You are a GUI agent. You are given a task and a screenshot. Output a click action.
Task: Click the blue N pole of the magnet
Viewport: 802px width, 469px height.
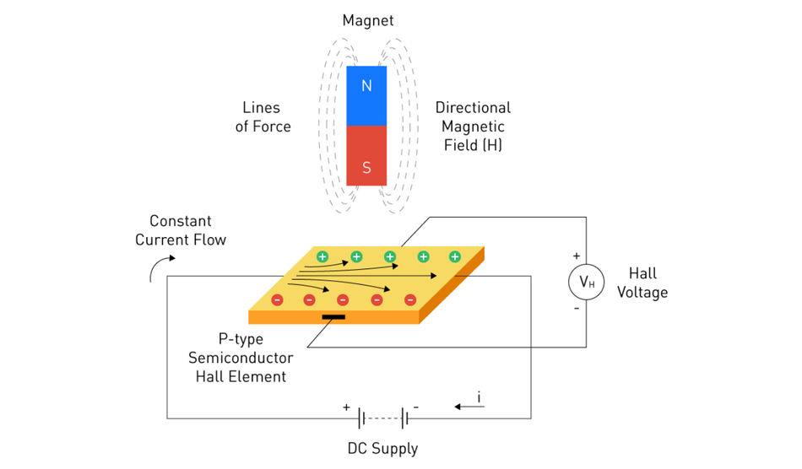[x=366, y=95]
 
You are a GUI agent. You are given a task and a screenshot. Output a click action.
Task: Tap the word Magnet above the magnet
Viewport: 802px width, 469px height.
[x=367, y=20]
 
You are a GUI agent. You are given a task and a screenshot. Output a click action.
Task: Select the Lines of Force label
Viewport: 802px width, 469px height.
[x=263, y=117]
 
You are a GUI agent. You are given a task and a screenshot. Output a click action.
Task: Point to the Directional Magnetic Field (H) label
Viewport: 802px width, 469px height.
[x=473, y=127]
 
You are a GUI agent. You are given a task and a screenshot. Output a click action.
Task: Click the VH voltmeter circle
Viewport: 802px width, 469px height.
[x=586, y=283]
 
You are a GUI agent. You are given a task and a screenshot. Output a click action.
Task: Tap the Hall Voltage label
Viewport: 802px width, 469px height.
[x=648, y=283]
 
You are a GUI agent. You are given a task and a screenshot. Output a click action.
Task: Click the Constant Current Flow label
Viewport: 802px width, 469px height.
[x=181, y=230]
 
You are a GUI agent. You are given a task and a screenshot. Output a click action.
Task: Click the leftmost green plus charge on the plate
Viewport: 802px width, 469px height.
[x=322, y=256]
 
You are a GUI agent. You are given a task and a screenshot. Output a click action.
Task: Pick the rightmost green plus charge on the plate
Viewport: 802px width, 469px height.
[x=455, y=256]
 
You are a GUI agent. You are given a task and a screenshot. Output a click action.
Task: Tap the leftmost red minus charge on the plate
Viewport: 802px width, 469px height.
[x=277, y=299]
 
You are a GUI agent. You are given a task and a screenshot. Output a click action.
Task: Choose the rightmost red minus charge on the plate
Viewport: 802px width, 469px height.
[x=410, y=299]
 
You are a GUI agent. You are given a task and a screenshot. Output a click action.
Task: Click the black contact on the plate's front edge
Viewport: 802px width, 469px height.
[x=333, y=317]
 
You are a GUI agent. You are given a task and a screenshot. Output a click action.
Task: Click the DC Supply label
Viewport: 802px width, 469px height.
[x=382, y=448]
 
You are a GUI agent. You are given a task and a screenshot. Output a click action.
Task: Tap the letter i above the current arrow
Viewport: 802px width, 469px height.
[x=480, y=396]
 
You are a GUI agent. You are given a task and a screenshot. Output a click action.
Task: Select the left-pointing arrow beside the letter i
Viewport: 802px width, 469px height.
[x=469, y=407]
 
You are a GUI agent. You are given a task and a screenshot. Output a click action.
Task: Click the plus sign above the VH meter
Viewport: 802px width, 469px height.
[x=577, y=255]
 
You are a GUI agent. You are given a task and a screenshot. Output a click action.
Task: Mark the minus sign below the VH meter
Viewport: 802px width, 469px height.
[x=577, y=308]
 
